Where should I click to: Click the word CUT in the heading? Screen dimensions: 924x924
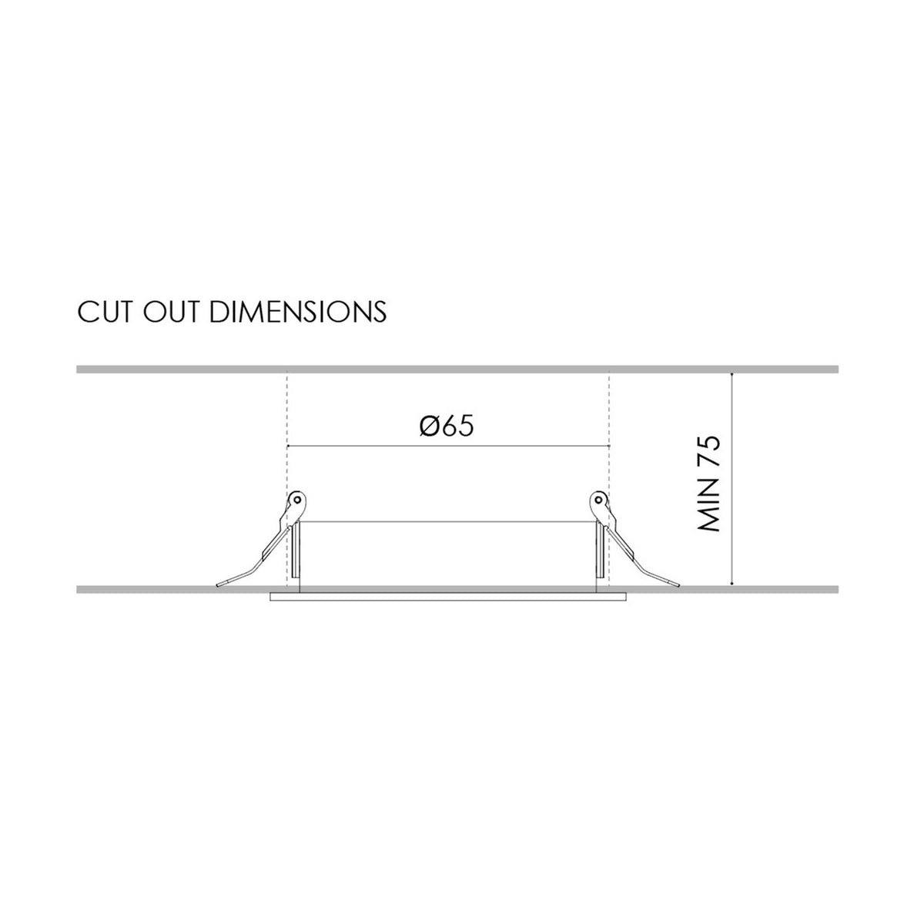click(105, 312)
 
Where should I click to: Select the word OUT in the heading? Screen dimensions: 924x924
click(171, 312)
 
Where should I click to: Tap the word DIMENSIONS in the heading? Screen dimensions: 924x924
click(298, 312)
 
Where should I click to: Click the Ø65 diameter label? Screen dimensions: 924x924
click(447, 425)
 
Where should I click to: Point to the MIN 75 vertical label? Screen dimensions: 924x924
click(709, 483)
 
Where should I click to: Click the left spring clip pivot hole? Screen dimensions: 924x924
click(297, 500)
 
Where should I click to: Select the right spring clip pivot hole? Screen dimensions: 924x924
click(598, 500)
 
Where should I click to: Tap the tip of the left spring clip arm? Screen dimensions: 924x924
click(218, 585)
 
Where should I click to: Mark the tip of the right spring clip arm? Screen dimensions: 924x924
click(678, 585)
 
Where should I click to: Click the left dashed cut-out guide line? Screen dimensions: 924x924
click(286, 479)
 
